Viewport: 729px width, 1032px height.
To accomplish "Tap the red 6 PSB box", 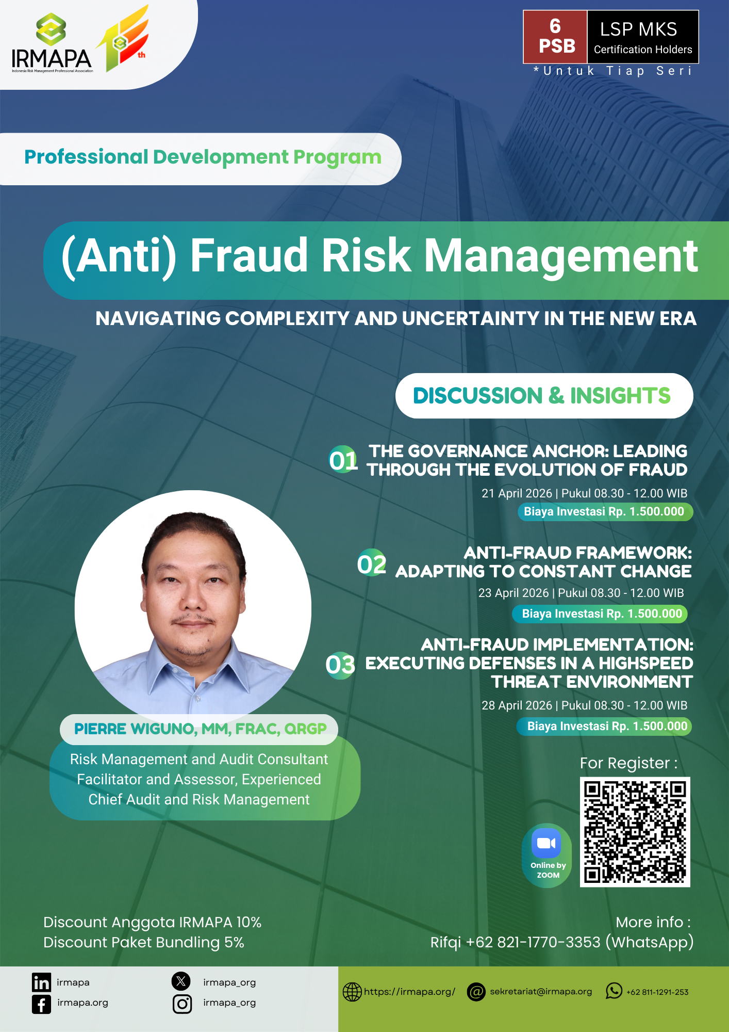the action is (555, 37).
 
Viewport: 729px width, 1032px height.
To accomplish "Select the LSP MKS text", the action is (638, 29).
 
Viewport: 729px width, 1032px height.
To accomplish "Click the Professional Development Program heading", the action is (203, 157).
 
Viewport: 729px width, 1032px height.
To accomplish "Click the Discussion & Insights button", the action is (544, 396).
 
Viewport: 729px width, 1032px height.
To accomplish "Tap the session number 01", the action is (343, 460).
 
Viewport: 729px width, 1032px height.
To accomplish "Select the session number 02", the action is (372, 563).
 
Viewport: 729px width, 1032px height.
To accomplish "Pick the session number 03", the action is (340, 665).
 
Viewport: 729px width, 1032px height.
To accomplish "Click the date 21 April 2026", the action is (517, 493).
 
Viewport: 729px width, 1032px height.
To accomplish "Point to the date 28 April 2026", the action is (517, 705).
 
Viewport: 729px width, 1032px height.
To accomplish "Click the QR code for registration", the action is (635, 832).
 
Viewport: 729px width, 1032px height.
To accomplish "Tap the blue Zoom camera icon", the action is (546, 843).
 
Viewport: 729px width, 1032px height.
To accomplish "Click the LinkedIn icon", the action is (41, 982).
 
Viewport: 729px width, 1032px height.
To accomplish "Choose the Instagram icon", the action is (182, 1004).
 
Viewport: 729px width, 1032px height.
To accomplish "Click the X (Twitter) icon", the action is (181, 981).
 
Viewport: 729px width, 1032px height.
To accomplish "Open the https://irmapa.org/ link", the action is (409, 992).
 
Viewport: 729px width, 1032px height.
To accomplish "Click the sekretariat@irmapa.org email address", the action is (541, 991).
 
